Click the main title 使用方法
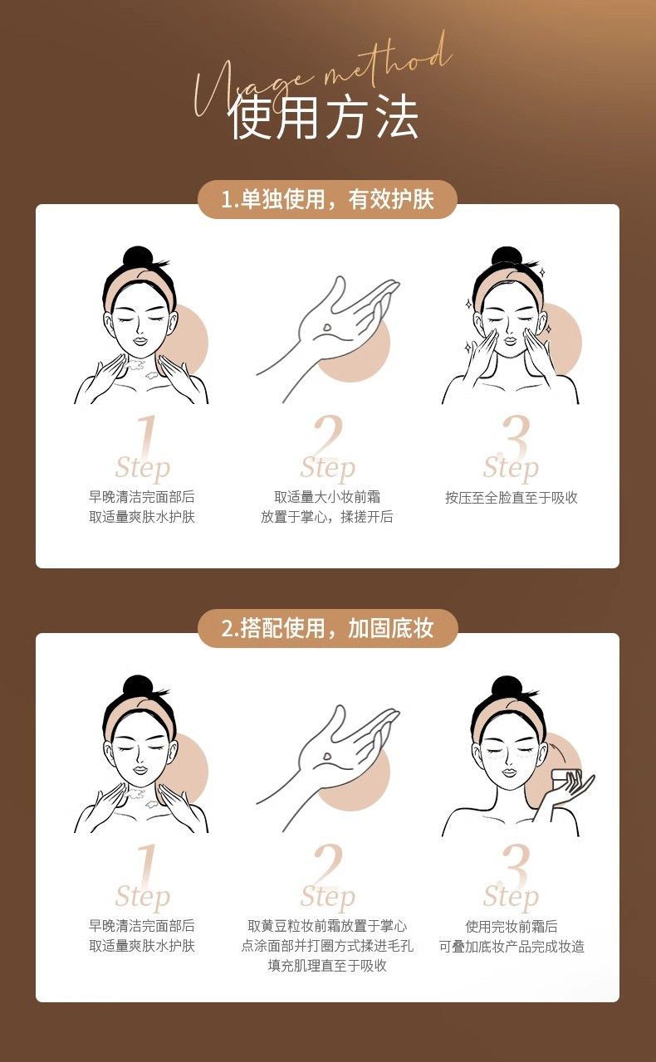coord(324,117)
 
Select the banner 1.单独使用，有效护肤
coord(327,199)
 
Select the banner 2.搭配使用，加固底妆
coord(327,628)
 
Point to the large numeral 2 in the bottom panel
coord(327,865)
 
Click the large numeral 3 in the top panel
coord(515,437)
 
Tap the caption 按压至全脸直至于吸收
coord(512,497)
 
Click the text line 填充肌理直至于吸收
coord(327,966)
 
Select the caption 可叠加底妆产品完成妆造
coord(512,947)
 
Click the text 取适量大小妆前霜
coord(327,497)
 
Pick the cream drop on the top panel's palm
coord(327,328)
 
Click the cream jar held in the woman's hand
coord(565,779)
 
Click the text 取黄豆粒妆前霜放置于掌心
coord(327,926)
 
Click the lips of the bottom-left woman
coord(140,768)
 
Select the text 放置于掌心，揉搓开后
coord(327,517)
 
